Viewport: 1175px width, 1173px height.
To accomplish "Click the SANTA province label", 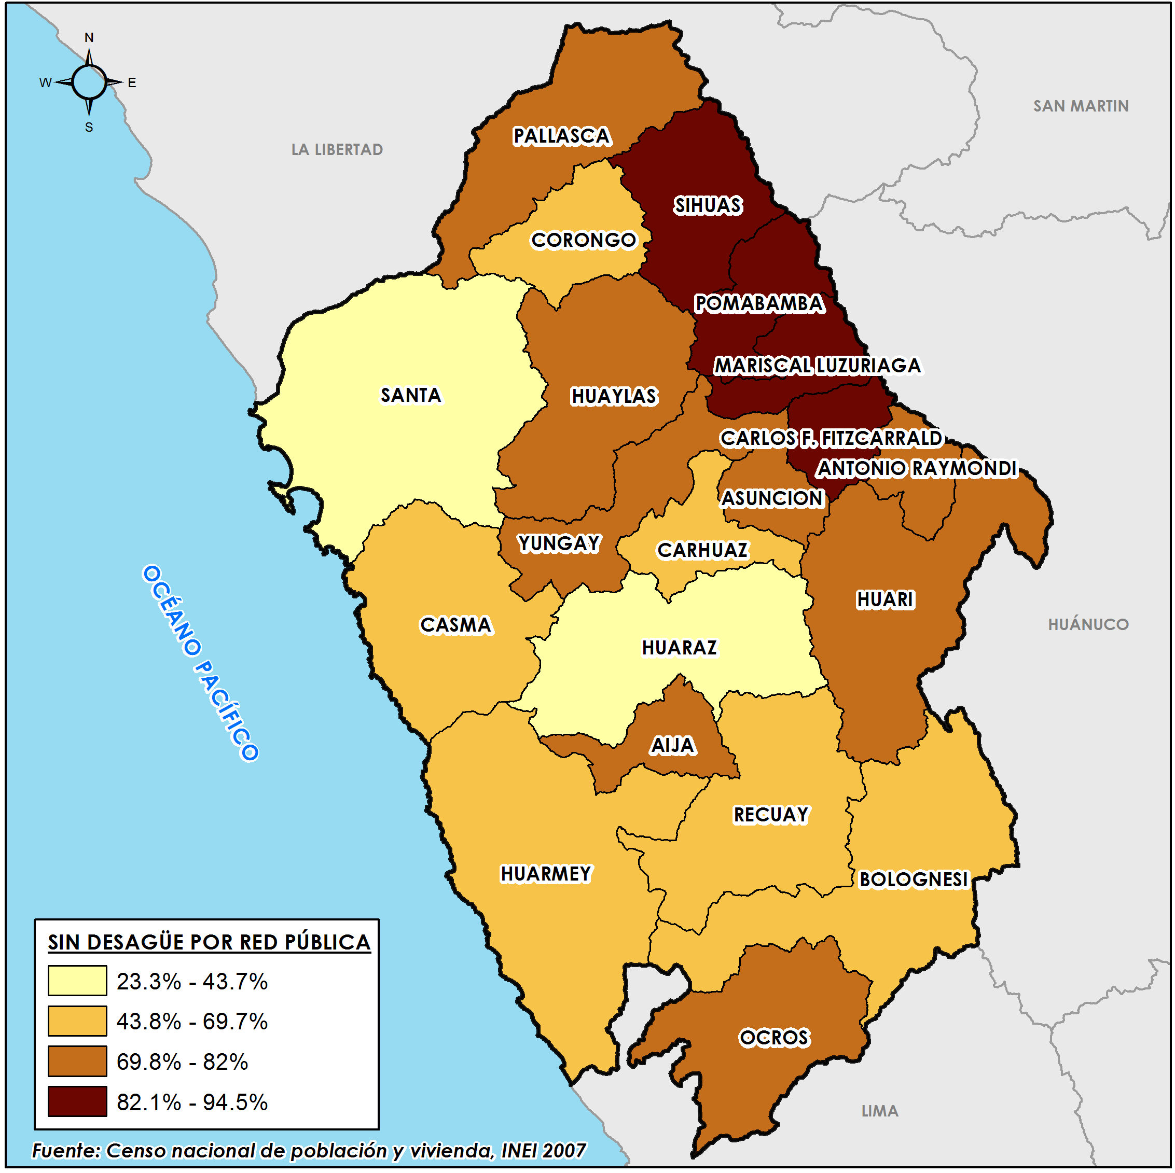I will [410, 395].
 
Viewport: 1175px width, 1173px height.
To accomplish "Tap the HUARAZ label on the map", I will [680, 648].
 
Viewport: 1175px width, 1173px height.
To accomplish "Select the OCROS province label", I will [774, 1038].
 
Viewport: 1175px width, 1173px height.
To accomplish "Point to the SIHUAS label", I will [708, 206].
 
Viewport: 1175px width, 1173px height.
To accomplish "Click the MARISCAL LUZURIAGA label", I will [818, 366].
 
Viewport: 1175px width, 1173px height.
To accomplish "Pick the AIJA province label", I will [673, 746].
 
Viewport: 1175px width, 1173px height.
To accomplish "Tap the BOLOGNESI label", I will [914, 879].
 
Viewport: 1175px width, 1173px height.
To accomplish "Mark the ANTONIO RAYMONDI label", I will [917, 468].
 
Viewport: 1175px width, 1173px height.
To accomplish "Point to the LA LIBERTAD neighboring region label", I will [337, 149].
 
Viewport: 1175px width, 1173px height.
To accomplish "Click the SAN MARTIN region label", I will [1081, 106].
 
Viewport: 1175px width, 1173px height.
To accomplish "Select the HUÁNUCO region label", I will [1088, 624].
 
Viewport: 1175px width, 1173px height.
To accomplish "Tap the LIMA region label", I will [879, 1111].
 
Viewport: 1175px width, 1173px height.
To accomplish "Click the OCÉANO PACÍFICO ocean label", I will [201, 663].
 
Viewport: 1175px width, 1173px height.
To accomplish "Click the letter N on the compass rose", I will [89, 38].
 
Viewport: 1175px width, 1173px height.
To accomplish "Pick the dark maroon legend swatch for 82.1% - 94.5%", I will [77, 1101].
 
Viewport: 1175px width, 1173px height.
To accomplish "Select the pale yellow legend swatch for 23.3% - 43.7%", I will [77, 981].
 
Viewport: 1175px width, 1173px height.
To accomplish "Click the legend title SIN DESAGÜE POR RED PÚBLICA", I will [209, 942].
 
